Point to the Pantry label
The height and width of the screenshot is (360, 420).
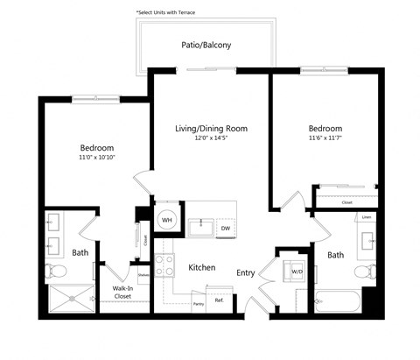[x=199, y=303]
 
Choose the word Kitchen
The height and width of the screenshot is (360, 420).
[x=202, y=267]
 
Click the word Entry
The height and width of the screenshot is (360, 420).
[x=246, y=272]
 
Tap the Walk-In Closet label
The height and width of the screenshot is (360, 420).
[x=122, y=292]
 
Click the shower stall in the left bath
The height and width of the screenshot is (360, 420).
[x=69, y=299]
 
